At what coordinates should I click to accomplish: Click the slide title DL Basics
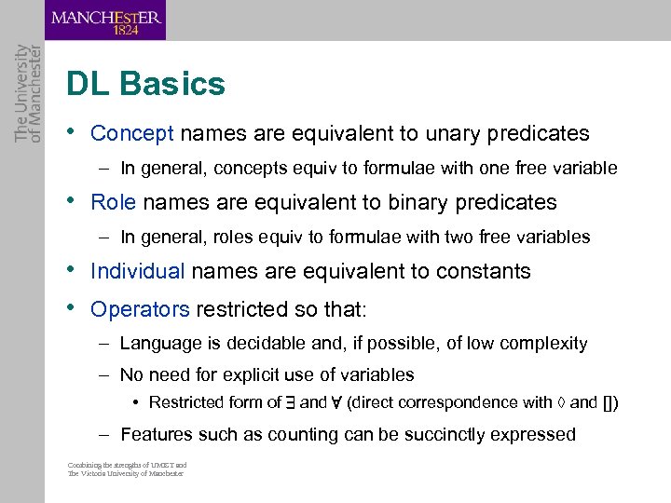tap(145, 85)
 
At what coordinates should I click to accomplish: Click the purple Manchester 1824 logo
tap(105, 20)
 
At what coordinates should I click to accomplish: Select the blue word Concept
tap(132, 133)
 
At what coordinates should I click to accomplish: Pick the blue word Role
tap(114, 202)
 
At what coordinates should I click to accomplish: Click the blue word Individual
tap(138, 271)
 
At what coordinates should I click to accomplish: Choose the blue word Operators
tap(140, 308)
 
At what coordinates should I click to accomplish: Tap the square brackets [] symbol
tap(609, 403)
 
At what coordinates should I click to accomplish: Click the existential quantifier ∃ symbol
tap(290, 403)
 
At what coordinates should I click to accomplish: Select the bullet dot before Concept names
tap(72, 131)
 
